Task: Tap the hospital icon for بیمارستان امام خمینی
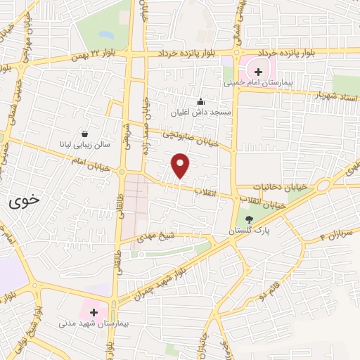(258, 71)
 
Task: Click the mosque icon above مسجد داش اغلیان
(201, 101)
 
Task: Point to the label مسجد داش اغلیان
(201, 112)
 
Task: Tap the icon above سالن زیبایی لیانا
(85, 134)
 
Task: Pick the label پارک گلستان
(249, 231)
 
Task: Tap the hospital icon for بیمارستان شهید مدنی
(94, 311)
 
